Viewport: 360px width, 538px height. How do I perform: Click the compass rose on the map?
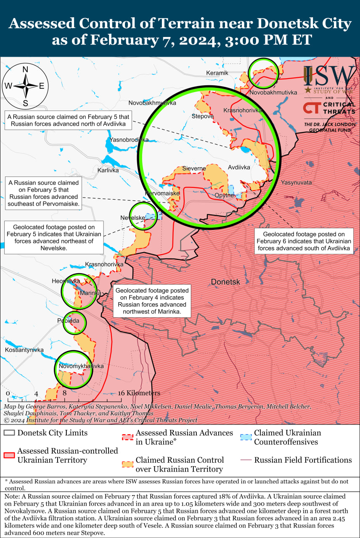(x=25, y=86)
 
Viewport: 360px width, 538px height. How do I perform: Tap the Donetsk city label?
(x=225, y=282)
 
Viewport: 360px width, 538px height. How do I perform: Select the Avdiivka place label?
(x=239, y=167)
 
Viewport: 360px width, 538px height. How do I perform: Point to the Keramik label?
(x=217, y=73)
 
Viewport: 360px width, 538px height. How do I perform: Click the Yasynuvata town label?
(x=296, y=182)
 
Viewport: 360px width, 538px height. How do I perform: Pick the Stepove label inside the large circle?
(x=203, y=116)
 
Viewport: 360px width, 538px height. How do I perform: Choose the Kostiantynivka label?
(x=24, y=350)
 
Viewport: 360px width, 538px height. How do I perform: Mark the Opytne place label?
(x=224, y=195)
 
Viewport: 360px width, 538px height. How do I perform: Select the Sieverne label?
(x=194, y=169)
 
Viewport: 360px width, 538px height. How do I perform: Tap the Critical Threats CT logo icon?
(x=311, y=108)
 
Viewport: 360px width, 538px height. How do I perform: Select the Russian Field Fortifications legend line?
(x=246, y=460)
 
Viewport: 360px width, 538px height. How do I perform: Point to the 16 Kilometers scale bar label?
(x=139, y=393)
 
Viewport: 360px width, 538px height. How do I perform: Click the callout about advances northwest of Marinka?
(x=152, y=301)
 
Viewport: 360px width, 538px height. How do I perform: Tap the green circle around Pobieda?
(x=74, y=322)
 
